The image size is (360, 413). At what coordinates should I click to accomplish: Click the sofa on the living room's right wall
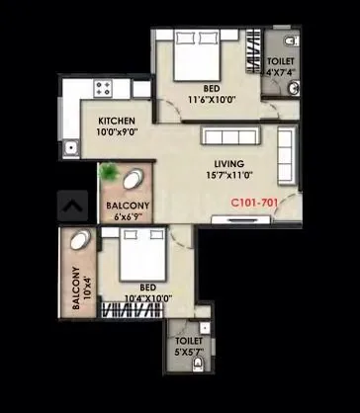288,155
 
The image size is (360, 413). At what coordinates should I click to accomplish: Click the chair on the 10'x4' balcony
79,241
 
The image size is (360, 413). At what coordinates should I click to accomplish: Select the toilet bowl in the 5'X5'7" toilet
199,362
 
